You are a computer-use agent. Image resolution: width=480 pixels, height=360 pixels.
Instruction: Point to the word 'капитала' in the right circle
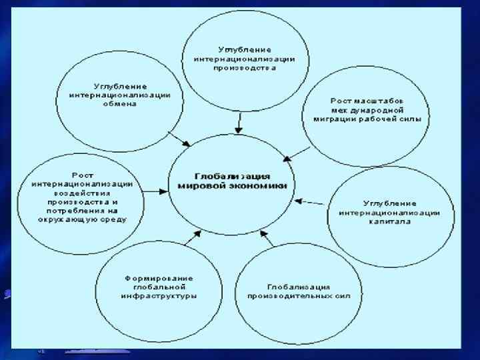pos(390,221)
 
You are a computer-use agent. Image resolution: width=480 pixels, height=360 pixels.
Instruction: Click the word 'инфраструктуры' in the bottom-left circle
pos(159,295)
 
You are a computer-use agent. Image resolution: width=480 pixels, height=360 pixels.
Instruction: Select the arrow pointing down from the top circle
pos(239,122)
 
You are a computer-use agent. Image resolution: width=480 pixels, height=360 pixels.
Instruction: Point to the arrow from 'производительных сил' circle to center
pos(267,239)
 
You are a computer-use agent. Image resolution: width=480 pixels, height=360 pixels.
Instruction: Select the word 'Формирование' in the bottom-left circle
pos(159,277)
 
